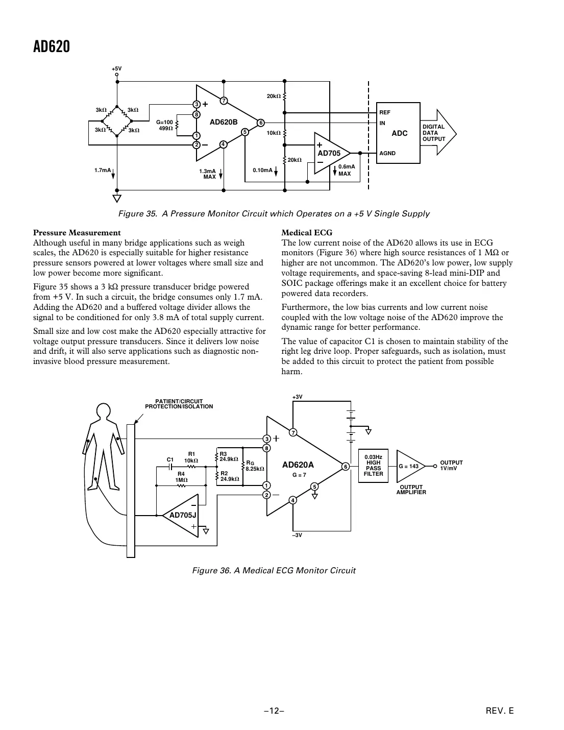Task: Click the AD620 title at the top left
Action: pyautogui.click(x=51, y=47)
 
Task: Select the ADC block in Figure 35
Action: pyautogui.click(x=398, y=133)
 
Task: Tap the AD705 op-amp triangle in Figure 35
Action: pyautogui.click(x=330, y=153)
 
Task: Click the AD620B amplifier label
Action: pyautogui.click(x=224, y=122)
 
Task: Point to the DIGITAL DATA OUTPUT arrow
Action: pyautogui.click(x=437, y=133)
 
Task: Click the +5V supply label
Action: pyautogui.click(x=117, y=68)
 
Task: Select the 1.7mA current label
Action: pyautogui.click(x=102, y=170)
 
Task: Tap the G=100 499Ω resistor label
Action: pyautogui.click(x=164, y=125)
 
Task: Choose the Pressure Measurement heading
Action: pyautogui.click(x=77, y=233)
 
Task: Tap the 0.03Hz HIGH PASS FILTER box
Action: pyautogui.click(x=373, y=466)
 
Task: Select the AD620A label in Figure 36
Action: pyautogui.click(x=298, y=465)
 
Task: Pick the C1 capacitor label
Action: pyautogui.click(x=170, y=459)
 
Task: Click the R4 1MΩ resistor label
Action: pyautogui.click(x=181, y=477)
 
